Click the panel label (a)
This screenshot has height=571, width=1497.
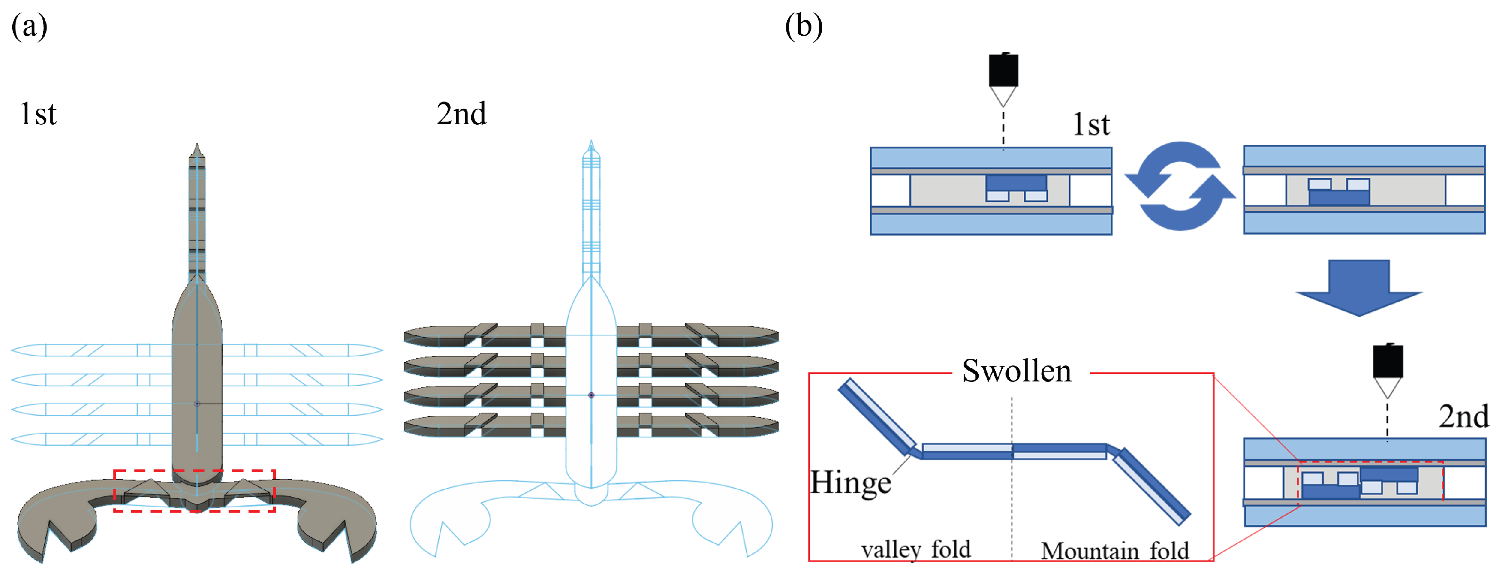point(29,27)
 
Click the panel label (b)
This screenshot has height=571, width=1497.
point(804,27)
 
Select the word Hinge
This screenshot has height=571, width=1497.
point(850,483)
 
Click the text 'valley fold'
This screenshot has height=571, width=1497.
point(916,549)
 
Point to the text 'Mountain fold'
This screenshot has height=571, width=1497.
point(1115,550)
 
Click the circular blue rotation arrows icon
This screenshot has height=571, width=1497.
point(1180,186)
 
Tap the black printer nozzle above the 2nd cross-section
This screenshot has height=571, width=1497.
point(1388,370)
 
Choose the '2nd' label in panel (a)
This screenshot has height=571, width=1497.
point(461,113)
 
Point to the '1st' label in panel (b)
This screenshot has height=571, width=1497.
point(1091,124)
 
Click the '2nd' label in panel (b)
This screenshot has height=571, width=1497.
point(1463,416)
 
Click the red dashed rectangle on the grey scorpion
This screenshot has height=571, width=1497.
point(195,470)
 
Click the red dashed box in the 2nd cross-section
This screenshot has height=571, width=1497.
point(1370,463)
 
